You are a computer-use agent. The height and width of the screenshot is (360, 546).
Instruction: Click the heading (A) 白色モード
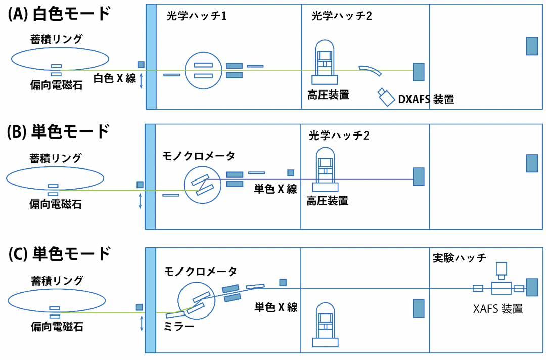[x=59, y=14]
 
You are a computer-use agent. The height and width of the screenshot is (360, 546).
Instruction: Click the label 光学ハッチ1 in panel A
[x=197, y=16]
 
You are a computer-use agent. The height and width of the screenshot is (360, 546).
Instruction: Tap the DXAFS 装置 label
[x=426, y=100]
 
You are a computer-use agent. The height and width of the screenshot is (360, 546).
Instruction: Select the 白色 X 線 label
[x=115, y=78]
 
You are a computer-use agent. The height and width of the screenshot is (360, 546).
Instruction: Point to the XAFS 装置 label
[x=498, y=309]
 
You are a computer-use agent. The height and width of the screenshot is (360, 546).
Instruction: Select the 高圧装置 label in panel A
[x=328, y=95]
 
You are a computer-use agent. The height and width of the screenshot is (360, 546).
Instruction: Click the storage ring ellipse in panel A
[x=60, y=59]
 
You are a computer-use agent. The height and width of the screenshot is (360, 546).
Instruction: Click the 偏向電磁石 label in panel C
[x=56, y=327]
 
